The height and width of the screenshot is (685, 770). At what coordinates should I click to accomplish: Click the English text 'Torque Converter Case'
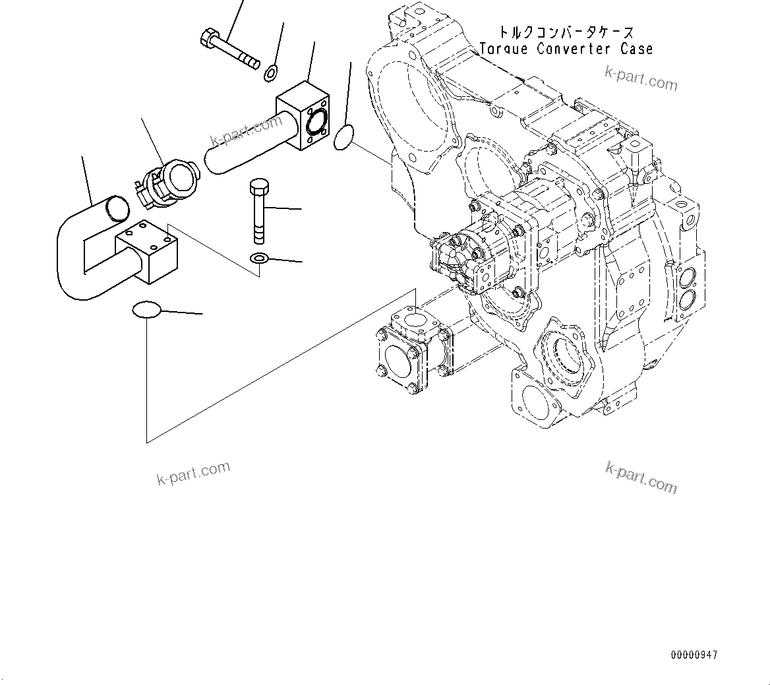pos(566,49)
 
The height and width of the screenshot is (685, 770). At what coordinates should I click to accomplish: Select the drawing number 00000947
pos(694,655)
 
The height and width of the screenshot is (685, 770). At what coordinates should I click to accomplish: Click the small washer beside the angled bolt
pos(271,73)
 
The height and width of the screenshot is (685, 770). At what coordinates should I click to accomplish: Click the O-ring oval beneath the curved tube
pos(146,309)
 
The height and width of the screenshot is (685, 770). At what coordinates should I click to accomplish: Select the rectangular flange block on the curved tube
pos(146,253)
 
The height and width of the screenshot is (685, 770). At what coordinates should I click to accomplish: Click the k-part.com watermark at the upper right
pos(641,79)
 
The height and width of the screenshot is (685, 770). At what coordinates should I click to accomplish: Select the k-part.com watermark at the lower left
pos(193,472)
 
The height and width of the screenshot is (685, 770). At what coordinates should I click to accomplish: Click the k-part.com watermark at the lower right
pos(641,476)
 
